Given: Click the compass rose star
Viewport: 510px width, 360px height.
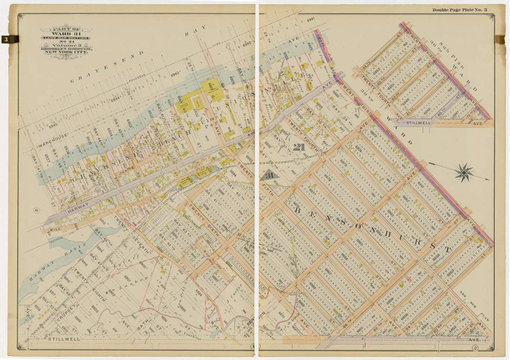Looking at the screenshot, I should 463,172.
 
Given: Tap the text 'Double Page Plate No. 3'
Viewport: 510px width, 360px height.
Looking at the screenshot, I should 459,10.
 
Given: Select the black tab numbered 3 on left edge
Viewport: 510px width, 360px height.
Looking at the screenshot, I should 9,39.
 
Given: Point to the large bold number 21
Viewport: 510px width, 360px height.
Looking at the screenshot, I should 299,147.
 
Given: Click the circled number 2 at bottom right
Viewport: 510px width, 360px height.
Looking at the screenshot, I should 475,347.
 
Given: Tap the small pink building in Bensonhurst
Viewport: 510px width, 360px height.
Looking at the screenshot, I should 408,278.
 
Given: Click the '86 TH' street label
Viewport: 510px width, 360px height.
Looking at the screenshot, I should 346,321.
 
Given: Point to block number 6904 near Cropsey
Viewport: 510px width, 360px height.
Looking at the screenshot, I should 78,319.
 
